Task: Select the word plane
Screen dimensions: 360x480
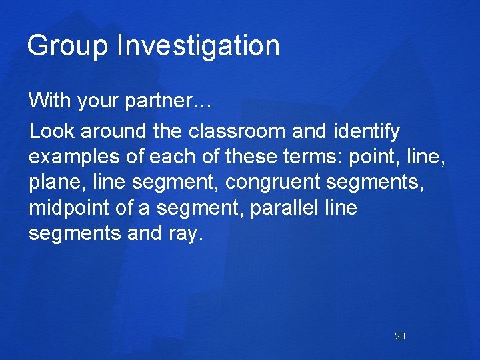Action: [x=51, y=183]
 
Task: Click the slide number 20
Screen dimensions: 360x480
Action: [x=400, y=336]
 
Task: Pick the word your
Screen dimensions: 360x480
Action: [x=99, y=103]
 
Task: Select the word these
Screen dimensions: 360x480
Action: [x=249, y=157]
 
